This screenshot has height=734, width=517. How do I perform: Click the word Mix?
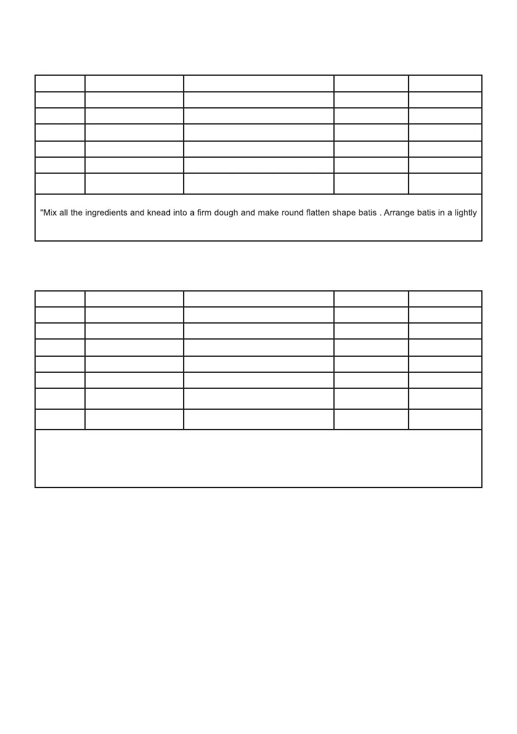tap(51, 213)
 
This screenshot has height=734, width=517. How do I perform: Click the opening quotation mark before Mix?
tap(41, 210)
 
